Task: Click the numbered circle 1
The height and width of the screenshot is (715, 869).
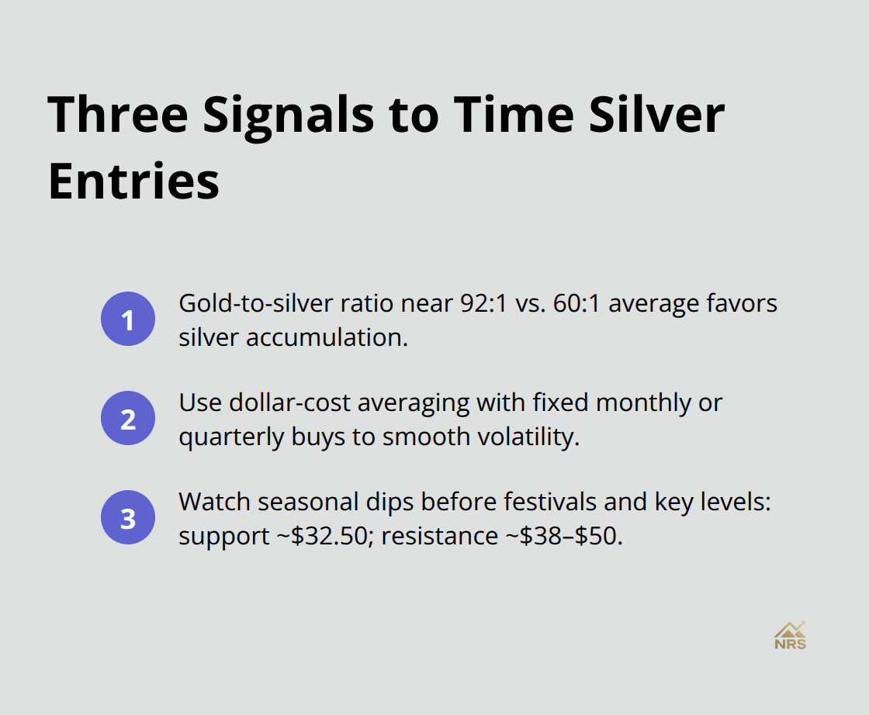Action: (128, 320)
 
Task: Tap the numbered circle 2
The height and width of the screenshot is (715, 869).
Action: (128, 419)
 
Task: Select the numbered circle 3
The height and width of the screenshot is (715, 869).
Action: (128, 518)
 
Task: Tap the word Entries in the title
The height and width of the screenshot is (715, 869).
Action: (133, 182)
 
